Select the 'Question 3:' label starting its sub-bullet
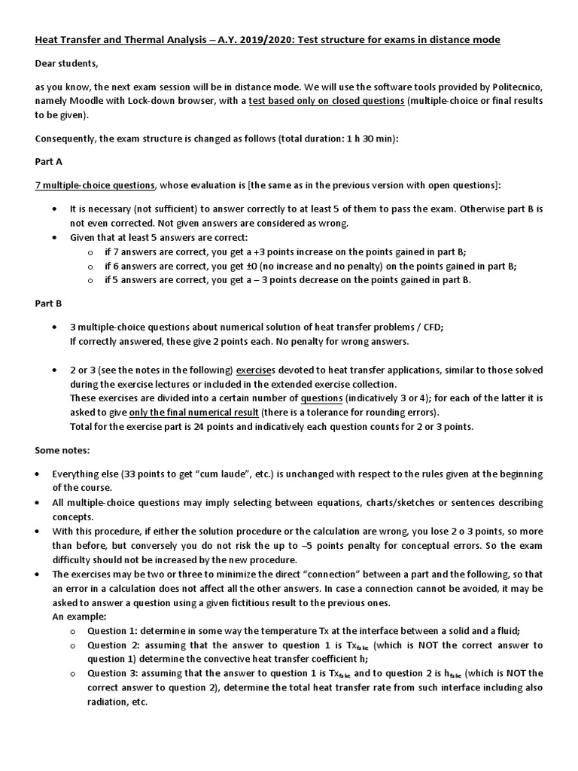coord(114,674)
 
